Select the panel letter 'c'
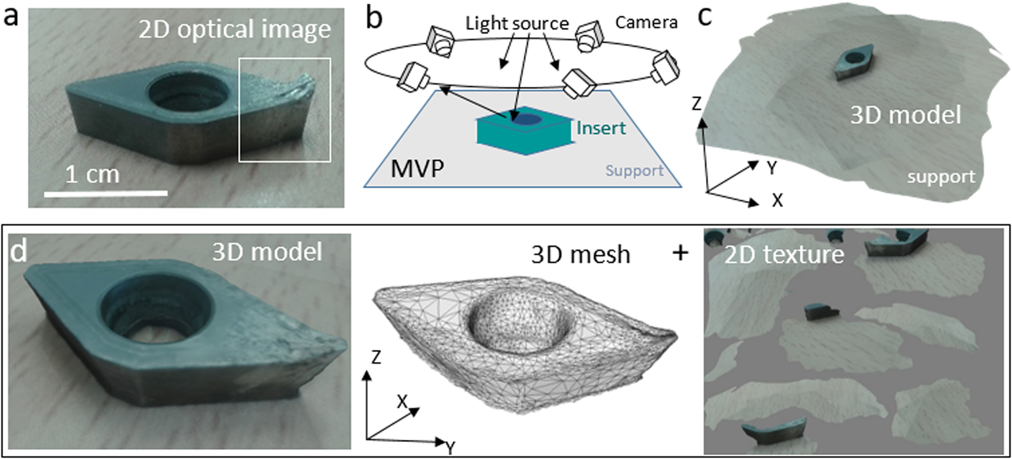704,17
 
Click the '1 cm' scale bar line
106,194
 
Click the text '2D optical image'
234,29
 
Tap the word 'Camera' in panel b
646,23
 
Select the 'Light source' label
516,23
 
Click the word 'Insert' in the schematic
601,128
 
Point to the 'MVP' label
416,168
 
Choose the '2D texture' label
784,253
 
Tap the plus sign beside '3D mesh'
680,252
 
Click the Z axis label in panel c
696,104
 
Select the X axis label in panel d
402,402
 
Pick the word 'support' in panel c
941,177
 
